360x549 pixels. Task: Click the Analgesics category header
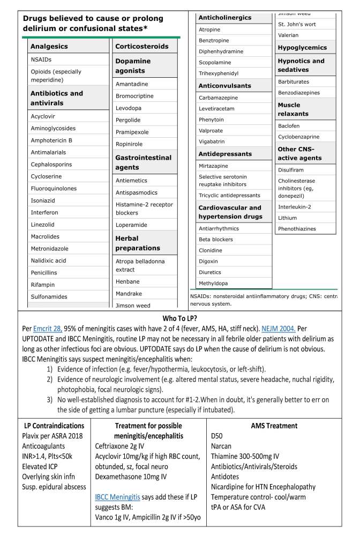(49, 47)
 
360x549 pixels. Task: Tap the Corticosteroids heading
(142, 47)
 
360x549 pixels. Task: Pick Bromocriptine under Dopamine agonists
(134, 96)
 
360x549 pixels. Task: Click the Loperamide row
(131, 225)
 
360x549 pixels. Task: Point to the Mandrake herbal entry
(129, 294)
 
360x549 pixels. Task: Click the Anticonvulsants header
(224, 86)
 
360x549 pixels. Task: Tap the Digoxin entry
(208, 261)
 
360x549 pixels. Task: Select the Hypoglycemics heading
(302, 48)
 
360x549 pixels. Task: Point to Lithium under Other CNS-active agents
(287, 218)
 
